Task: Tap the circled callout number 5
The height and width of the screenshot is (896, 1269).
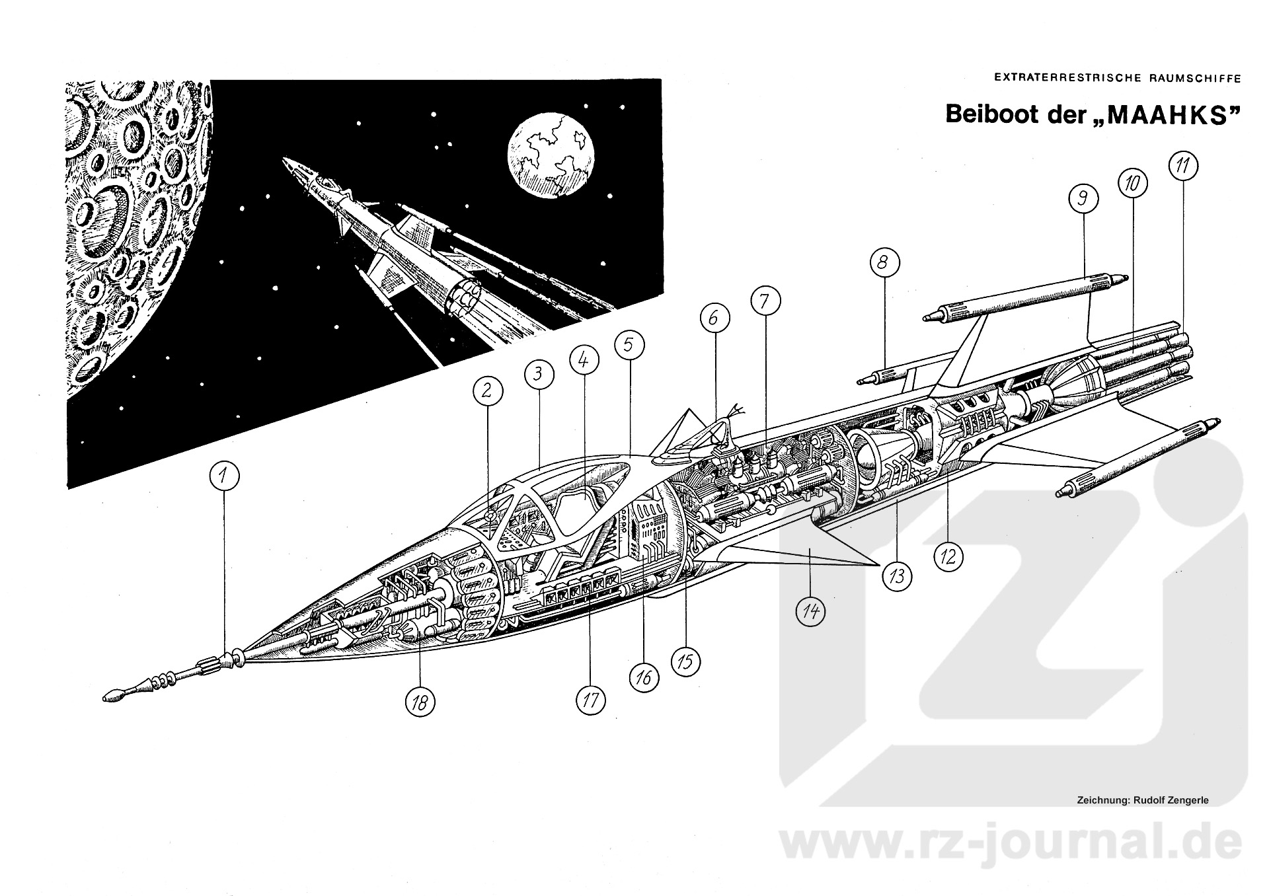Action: pos(629,345)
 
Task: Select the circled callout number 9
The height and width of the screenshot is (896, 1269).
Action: pos(1082,199)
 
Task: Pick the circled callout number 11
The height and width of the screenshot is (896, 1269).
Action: pos(1183,166)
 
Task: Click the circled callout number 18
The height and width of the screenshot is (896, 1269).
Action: pos(420,703)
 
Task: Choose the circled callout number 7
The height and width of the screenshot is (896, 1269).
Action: pos(765,302)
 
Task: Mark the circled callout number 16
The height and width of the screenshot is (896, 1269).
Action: pos(644,677)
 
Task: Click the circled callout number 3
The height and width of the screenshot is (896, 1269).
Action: pos(538,374)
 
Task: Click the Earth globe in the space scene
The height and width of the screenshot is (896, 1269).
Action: pos(550,157)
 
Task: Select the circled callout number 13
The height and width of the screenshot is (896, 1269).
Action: pos(896,576)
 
